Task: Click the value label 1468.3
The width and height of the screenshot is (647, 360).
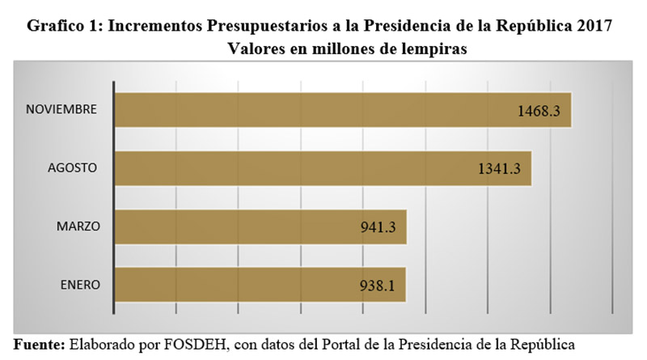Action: [544, 111]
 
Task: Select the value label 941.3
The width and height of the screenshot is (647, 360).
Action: [378, 227]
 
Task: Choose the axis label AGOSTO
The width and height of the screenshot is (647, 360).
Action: [71, 168]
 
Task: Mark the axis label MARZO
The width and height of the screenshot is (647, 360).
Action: [78, 227]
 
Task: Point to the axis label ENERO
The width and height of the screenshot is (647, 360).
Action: [79, 285]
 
